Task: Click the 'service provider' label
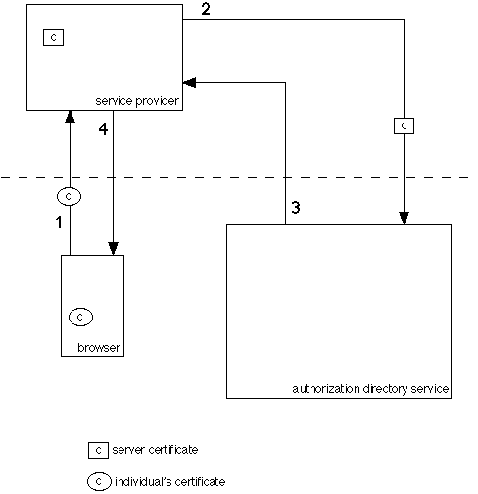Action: click(x=137, y=101)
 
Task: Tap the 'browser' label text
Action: click(x=99, y=347)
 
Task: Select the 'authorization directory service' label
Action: click(x=370, y=389)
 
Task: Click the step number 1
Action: click(x=59, y=222)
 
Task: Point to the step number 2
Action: click(x=206, y=9)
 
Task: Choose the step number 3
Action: click(x=296, y=207)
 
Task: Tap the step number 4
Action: click(x=103, y=129)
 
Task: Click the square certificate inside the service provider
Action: click(x=54, y=37)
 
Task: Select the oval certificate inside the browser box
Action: click(x=80, y=317)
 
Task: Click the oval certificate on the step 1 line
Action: click(x=69, y=196)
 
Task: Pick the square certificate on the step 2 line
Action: click(x=405, y=126)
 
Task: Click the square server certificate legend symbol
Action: click(x=98, y=450)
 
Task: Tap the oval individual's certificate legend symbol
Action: click(x=99, y=481)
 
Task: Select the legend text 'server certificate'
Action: click(x=155, y=450)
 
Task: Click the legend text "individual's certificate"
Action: click(x=169, y=481)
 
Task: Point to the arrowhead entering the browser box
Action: click(x=113, y=249)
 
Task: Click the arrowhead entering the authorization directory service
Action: click(x=405, y=219)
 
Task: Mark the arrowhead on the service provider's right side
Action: click(x=189, y=83)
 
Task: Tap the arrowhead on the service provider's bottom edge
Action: click(x=70, y=117)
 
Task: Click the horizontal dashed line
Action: click(x=235, y=177)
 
